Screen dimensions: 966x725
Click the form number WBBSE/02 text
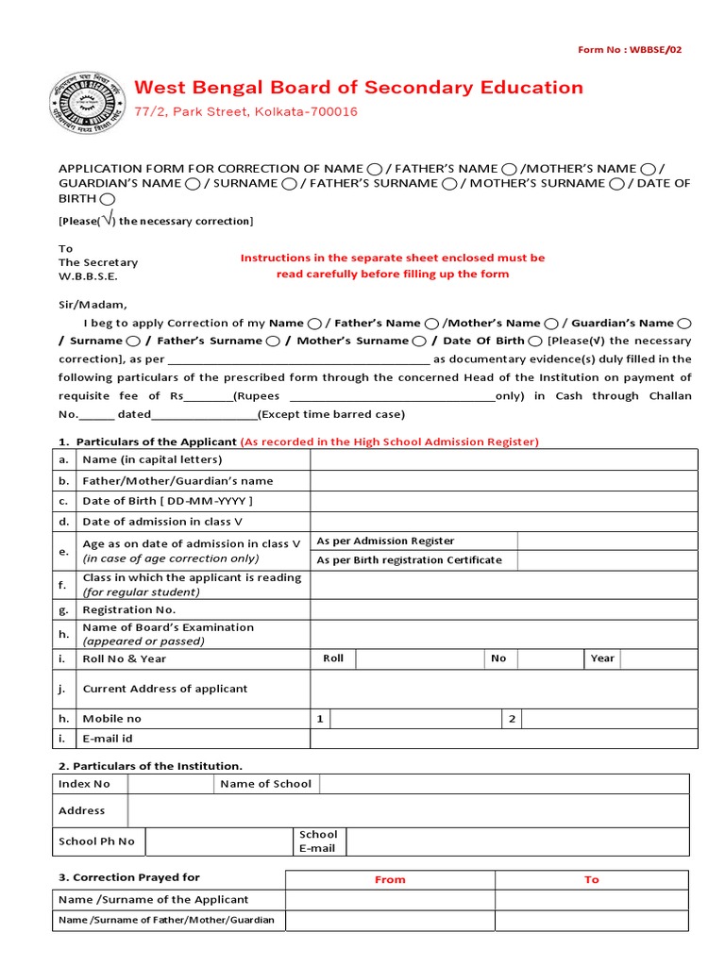coord(629,50)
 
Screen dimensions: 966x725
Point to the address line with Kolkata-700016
coord(246,112)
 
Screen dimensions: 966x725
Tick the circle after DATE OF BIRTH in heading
coord(107,199)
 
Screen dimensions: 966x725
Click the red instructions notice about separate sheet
coord(393,266)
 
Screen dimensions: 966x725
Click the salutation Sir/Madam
coord(92,305)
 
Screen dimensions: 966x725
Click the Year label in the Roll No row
coord(601,658)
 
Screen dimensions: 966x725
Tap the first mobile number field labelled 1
coord(415,719)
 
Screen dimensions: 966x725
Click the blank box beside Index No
coord(170,784)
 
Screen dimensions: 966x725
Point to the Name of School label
coord(265,784)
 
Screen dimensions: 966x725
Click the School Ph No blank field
coord(219,841)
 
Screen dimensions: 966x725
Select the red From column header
coord(390,879)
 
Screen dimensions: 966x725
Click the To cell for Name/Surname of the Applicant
coord(592,900)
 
